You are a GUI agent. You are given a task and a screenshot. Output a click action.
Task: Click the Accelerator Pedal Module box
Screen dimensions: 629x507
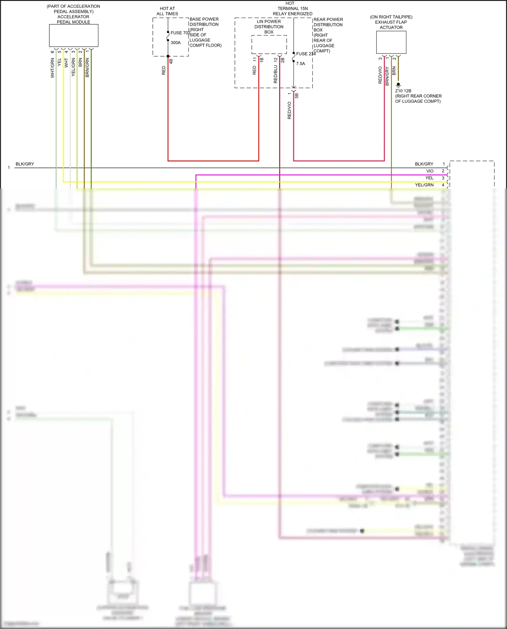coord(74,35)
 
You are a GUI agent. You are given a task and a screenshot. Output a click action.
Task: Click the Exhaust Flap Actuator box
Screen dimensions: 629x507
coord(391,42)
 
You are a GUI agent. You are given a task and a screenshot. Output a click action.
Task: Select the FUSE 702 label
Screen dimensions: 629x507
coord(180,33)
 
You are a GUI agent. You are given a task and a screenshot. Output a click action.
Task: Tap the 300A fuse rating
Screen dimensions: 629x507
coord(175,43)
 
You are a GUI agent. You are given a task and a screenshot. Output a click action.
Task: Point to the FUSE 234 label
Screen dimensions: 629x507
coord(306,54)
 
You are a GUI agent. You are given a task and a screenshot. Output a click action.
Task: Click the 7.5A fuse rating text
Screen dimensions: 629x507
coord(300,64)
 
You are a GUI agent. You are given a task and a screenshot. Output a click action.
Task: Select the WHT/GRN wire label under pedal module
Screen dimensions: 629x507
coord(52,68)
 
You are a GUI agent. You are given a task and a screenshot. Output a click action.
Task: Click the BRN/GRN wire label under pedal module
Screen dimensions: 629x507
coord(87,67)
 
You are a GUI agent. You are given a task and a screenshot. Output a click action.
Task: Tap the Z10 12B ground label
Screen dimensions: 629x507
coord(403,91)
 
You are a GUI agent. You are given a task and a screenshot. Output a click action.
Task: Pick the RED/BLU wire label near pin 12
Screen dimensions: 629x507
coord(275,74)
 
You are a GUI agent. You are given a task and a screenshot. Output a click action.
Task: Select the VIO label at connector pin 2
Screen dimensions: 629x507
coord(430,171)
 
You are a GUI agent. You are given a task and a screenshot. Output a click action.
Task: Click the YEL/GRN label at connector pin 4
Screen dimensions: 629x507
coord(424,185)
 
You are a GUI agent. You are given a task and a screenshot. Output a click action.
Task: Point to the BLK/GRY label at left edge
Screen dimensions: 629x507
coord(25,164)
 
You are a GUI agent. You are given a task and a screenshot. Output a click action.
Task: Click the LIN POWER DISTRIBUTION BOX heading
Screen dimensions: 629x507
coord(269,27)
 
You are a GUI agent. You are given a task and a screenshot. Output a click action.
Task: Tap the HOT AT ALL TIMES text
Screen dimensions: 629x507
coord(167,11)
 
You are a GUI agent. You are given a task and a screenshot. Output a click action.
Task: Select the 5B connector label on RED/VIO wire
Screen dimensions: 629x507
coord(296,96)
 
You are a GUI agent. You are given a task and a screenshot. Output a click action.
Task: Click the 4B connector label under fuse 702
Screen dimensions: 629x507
coord(171,62)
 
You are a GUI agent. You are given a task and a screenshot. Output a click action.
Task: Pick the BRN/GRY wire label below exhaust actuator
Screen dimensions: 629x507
coord(387,76)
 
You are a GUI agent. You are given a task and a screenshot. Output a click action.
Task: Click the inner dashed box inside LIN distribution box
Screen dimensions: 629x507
coord(269,44)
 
